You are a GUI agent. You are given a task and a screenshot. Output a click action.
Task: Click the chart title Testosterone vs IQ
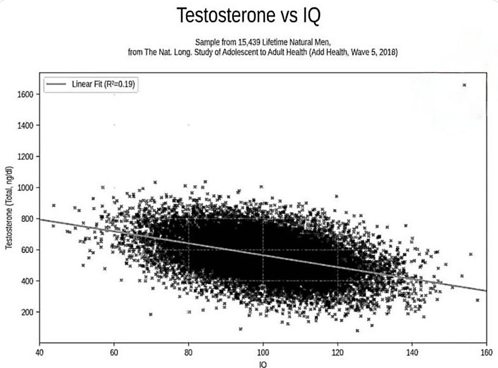(x=248, y=15)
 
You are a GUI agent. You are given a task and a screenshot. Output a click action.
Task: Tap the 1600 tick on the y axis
(x=26, y=94)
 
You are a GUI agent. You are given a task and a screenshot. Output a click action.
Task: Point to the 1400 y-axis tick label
(x=26, y=126)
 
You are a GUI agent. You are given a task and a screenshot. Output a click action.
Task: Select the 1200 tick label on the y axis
(x=26, y=157)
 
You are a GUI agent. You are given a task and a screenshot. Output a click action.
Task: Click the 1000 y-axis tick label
(x=26, y=188)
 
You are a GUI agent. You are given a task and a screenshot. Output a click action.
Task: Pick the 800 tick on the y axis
(x=27, y=219)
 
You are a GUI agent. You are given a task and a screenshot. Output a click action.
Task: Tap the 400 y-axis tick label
(x=27, y=281)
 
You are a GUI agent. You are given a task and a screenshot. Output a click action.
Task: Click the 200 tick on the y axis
(x=27, y=312)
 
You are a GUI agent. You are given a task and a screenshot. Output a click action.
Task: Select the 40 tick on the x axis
(x=39, y=353)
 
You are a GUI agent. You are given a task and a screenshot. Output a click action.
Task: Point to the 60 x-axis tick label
(x=114, y=353)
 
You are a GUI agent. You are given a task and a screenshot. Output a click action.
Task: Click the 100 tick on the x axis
(x=263, y=353)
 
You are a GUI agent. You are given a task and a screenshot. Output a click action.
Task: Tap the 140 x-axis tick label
(x=412, y=353)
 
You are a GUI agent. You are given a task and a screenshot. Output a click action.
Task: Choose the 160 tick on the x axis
(x=486, y=353)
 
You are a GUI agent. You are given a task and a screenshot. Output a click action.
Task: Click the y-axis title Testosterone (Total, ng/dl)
(x=9, y=208)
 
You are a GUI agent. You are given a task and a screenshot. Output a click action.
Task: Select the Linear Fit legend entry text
(x=103, y=84)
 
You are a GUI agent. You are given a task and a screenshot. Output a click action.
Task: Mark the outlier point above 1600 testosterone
(x=464, y=85)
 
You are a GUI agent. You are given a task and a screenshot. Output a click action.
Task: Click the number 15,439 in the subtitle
(x=249, y=43)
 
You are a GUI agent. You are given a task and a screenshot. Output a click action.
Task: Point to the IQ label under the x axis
(x=263, y=364)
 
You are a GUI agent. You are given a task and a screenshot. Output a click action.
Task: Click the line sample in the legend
(x=56, y=84)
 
